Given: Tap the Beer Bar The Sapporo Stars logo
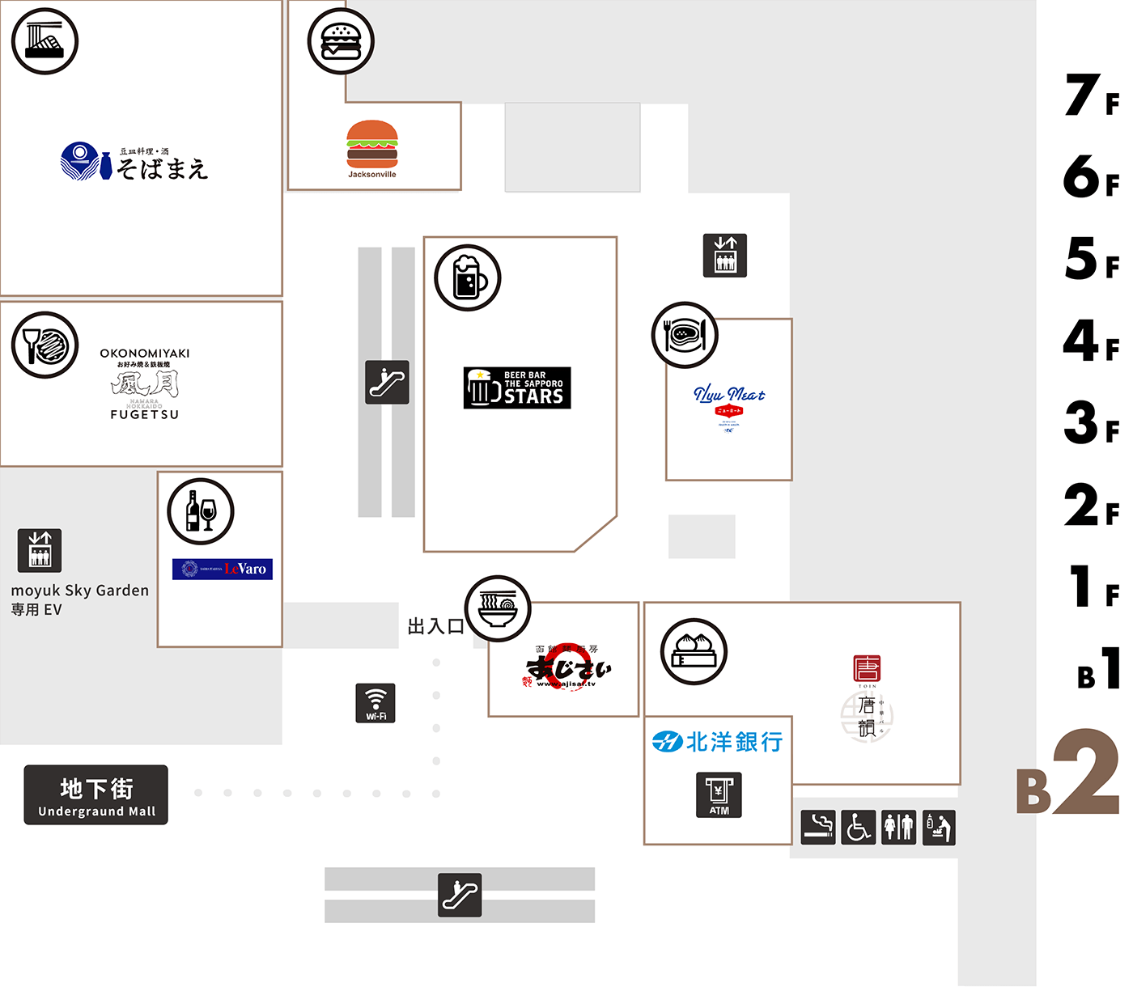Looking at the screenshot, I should pos(517,388).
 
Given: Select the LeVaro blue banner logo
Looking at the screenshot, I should pos(223,569).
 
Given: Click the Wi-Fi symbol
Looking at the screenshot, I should pos(376,703).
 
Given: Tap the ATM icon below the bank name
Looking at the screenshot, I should pos(719,794).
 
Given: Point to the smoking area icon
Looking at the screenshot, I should pos(818,827).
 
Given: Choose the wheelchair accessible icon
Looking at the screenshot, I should pos(859,827).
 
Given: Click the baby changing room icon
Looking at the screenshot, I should pos(939,827).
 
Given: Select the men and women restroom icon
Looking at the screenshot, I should pos(899,827).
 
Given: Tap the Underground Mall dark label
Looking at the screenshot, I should pos(96,794).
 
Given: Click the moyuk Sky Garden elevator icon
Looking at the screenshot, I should pos(40,550).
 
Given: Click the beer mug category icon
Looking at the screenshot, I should pos(468,277).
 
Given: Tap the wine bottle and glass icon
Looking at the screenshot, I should pos(201,511).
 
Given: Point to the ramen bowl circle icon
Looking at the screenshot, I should pos(498,608).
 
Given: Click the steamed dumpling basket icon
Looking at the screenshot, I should pos(694,651).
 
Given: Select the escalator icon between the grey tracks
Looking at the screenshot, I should pos(387,382).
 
